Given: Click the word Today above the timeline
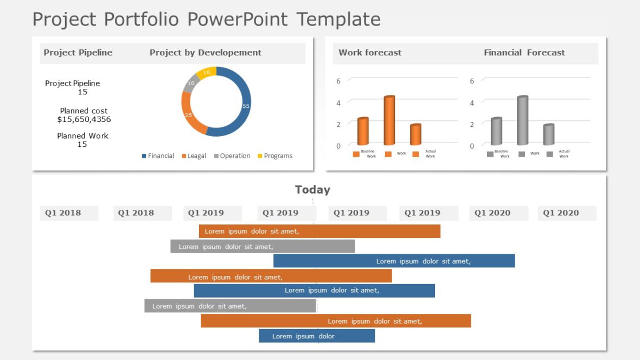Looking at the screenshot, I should pos(312,190).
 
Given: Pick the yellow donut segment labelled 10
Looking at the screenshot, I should pos(207,73).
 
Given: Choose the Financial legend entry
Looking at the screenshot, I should pos(158,156).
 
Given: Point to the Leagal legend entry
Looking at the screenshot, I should pos(194,156).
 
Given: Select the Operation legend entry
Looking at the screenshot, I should pos(232,156).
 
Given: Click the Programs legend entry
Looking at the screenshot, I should pos(275,156).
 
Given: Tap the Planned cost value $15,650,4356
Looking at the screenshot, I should pos(84,119).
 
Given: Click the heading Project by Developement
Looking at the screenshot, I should pos(206,53).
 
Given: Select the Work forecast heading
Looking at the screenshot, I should pos(370,53).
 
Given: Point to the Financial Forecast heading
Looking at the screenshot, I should pos(524,53).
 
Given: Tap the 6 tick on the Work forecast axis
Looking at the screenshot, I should pos(338,81).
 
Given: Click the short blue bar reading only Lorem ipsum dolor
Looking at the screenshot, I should pos(317,336).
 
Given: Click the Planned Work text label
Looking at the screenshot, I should pos(82,136).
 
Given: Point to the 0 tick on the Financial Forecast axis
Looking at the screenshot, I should pos(472,146).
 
